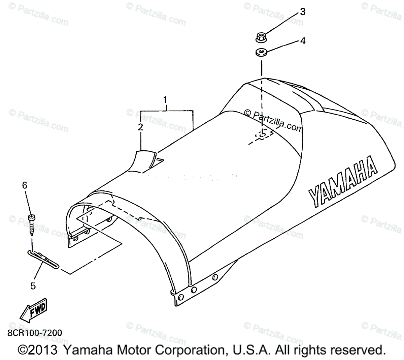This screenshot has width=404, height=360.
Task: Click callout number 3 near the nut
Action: pyautogui.click(x=303, y=12)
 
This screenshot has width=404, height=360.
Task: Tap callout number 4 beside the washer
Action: pyautogui.click(x=303, y=41)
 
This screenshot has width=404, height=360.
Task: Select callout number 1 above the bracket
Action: pyautogui.click(x=165, y=100)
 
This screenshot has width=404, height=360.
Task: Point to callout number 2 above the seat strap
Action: pyautogui.click(x=140, y=127)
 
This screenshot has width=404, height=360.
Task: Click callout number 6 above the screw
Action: pyautogui.click(x=25, y=185)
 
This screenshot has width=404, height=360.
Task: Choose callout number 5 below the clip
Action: pyautogui.click(x=33, y=286)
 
